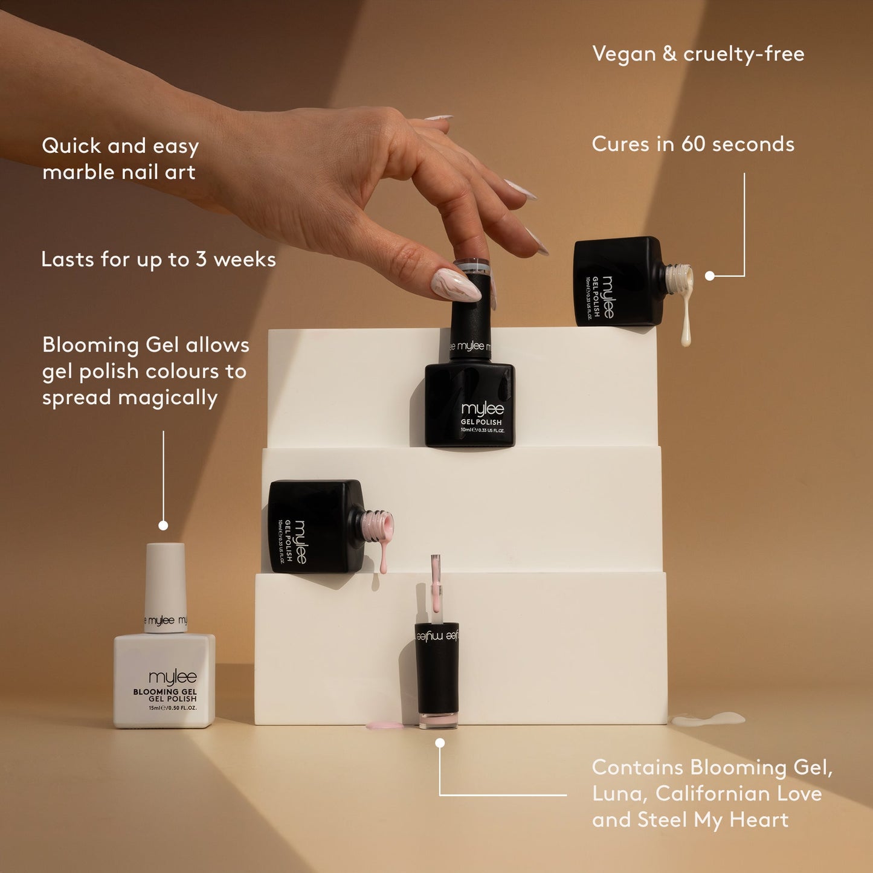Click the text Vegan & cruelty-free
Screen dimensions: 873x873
coord(698,54)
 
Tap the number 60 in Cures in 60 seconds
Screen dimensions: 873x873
coord(693,144)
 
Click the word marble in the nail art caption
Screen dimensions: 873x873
coord(81,173)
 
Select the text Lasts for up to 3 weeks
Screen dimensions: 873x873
coord(158,260)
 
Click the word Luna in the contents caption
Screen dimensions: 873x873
coord(619,794)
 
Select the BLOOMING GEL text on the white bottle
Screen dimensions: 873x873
coord(165,692)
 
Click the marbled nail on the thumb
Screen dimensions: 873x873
coord(455,285)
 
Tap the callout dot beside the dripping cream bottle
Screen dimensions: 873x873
coord(710,276)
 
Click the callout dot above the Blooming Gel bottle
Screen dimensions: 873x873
coord(163,526)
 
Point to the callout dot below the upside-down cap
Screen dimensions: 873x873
coord(440,743)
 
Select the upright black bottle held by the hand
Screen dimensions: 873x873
coord(470,387)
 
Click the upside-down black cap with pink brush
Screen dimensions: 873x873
coord(437,671)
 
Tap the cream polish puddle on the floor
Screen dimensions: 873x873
coord(708,718)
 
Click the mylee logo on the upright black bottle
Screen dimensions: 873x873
coord(482,410)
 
